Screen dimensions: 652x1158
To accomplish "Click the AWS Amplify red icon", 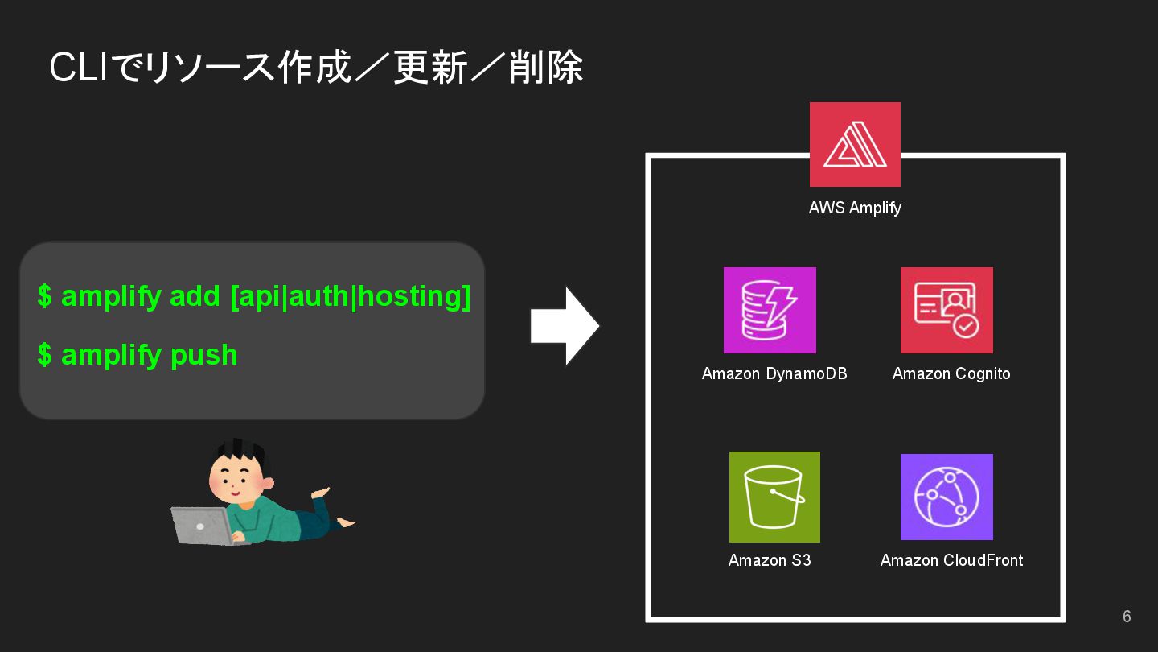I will pyautogui.click(x=855, y=145).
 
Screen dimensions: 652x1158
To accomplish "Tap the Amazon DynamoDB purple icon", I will pyautogui.click(x=770, y=310).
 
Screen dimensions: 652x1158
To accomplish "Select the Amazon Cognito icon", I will pyautogui.click(x=947, y=310).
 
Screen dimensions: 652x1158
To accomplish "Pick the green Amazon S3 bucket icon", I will pyautogui.click(x=774, y=497).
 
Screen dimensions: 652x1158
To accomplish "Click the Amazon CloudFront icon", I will pyautogui.click(x=947, y=497).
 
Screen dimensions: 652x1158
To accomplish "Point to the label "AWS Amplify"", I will pyautogui.click(x=855, y=208).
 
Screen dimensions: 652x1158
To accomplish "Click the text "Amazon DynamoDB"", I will pyautogui.click(x=774, y=373).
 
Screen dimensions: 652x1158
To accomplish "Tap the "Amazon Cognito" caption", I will pyautogui.click(x=951, y=373).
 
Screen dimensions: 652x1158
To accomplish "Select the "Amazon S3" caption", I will pyautogui.click(x=770, y=560).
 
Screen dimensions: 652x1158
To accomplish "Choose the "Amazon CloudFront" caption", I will pyautogui.click(x=951, y=560).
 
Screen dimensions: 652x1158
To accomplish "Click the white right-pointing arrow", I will pyautogui.click(x=565, y=326).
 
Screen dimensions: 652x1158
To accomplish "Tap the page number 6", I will pyautogui.click(x=1127, y=617).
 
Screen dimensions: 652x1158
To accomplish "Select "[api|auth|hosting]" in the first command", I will pyautogui.click(x=350, y=296).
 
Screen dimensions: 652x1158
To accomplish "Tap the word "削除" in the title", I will pyautogui.click(x=546, y=68).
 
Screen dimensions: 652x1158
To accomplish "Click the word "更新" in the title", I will pyautogui.click(x=430, y=68).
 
